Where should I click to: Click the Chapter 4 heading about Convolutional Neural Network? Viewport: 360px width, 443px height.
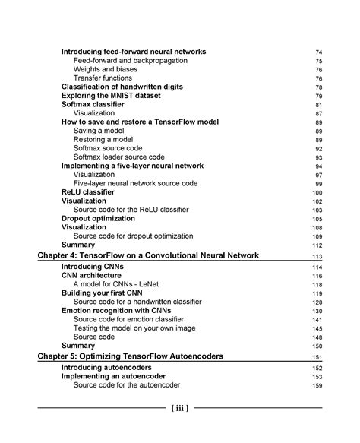click(x=148, y=256)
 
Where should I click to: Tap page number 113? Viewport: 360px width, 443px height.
click(x=317, y=258)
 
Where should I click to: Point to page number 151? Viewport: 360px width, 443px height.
click(x=317, y=357)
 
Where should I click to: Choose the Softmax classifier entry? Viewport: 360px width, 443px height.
click(x=97, y=105)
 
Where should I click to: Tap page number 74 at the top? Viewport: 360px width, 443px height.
click(x=318, y=52)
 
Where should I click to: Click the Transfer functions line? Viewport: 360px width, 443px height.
click(x=103, y=78)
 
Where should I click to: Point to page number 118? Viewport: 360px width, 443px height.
click(x=317, y=285)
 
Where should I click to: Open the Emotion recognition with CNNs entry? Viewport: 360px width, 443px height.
click(x=116, y=310)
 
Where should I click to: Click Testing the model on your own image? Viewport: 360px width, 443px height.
click(x=133, y=328)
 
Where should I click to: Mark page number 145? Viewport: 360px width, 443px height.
click(x=317, y=328)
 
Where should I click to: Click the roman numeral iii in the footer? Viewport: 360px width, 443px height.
click(x=180, y=408)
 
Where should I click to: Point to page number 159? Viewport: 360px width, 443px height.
click(x=317, y=385)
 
